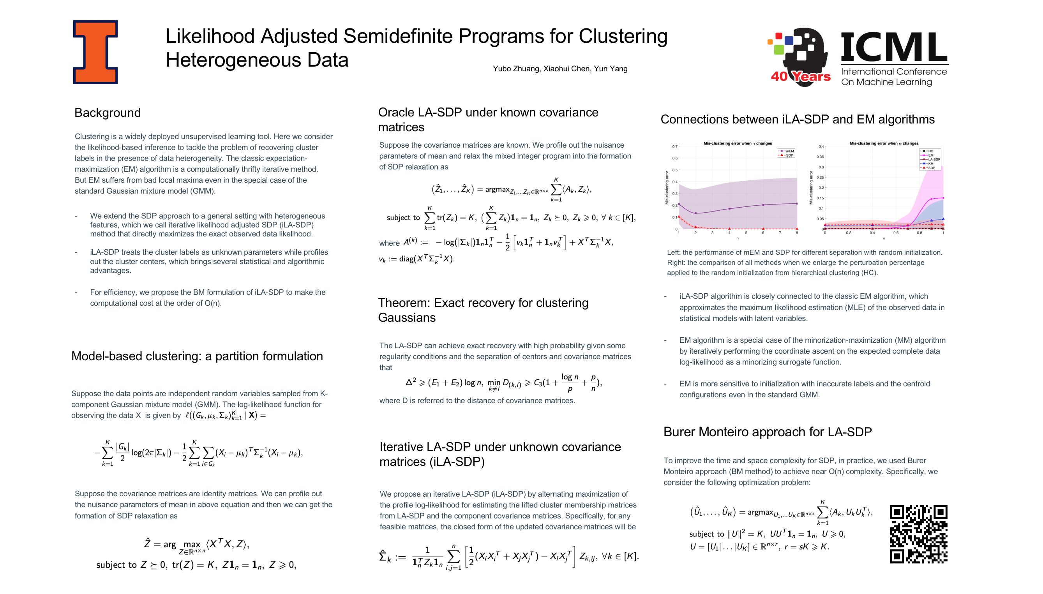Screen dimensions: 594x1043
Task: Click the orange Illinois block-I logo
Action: [95, 52]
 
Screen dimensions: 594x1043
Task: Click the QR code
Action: [918, 534]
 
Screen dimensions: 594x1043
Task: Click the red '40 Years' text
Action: [800, 76]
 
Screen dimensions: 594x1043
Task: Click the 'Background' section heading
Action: [107, 113]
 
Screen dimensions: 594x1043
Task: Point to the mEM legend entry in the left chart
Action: [786, 151]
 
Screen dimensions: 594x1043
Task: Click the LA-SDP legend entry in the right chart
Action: [931, 160]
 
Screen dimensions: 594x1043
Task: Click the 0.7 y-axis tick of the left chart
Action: [674, 146]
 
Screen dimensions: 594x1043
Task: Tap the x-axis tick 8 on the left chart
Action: [796, 233]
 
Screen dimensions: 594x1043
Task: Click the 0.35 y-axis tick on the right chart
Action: [820, 157]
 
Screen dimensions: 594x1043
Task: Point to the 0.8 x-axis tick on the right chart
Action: [919, 233]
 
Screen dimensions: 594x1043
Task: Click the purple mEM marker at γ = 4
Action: [729, 209]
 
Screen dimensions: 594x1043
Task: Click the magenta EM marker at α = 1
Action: [943, 198]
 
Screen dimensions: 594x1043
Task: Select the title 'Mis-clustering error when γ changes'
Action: [738, 143]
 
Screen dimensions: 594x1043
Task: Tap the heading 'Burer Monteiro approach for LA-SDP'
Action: [767, 432]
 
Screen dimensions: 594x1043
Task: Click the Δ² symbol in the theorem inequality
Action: [411, 382]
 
